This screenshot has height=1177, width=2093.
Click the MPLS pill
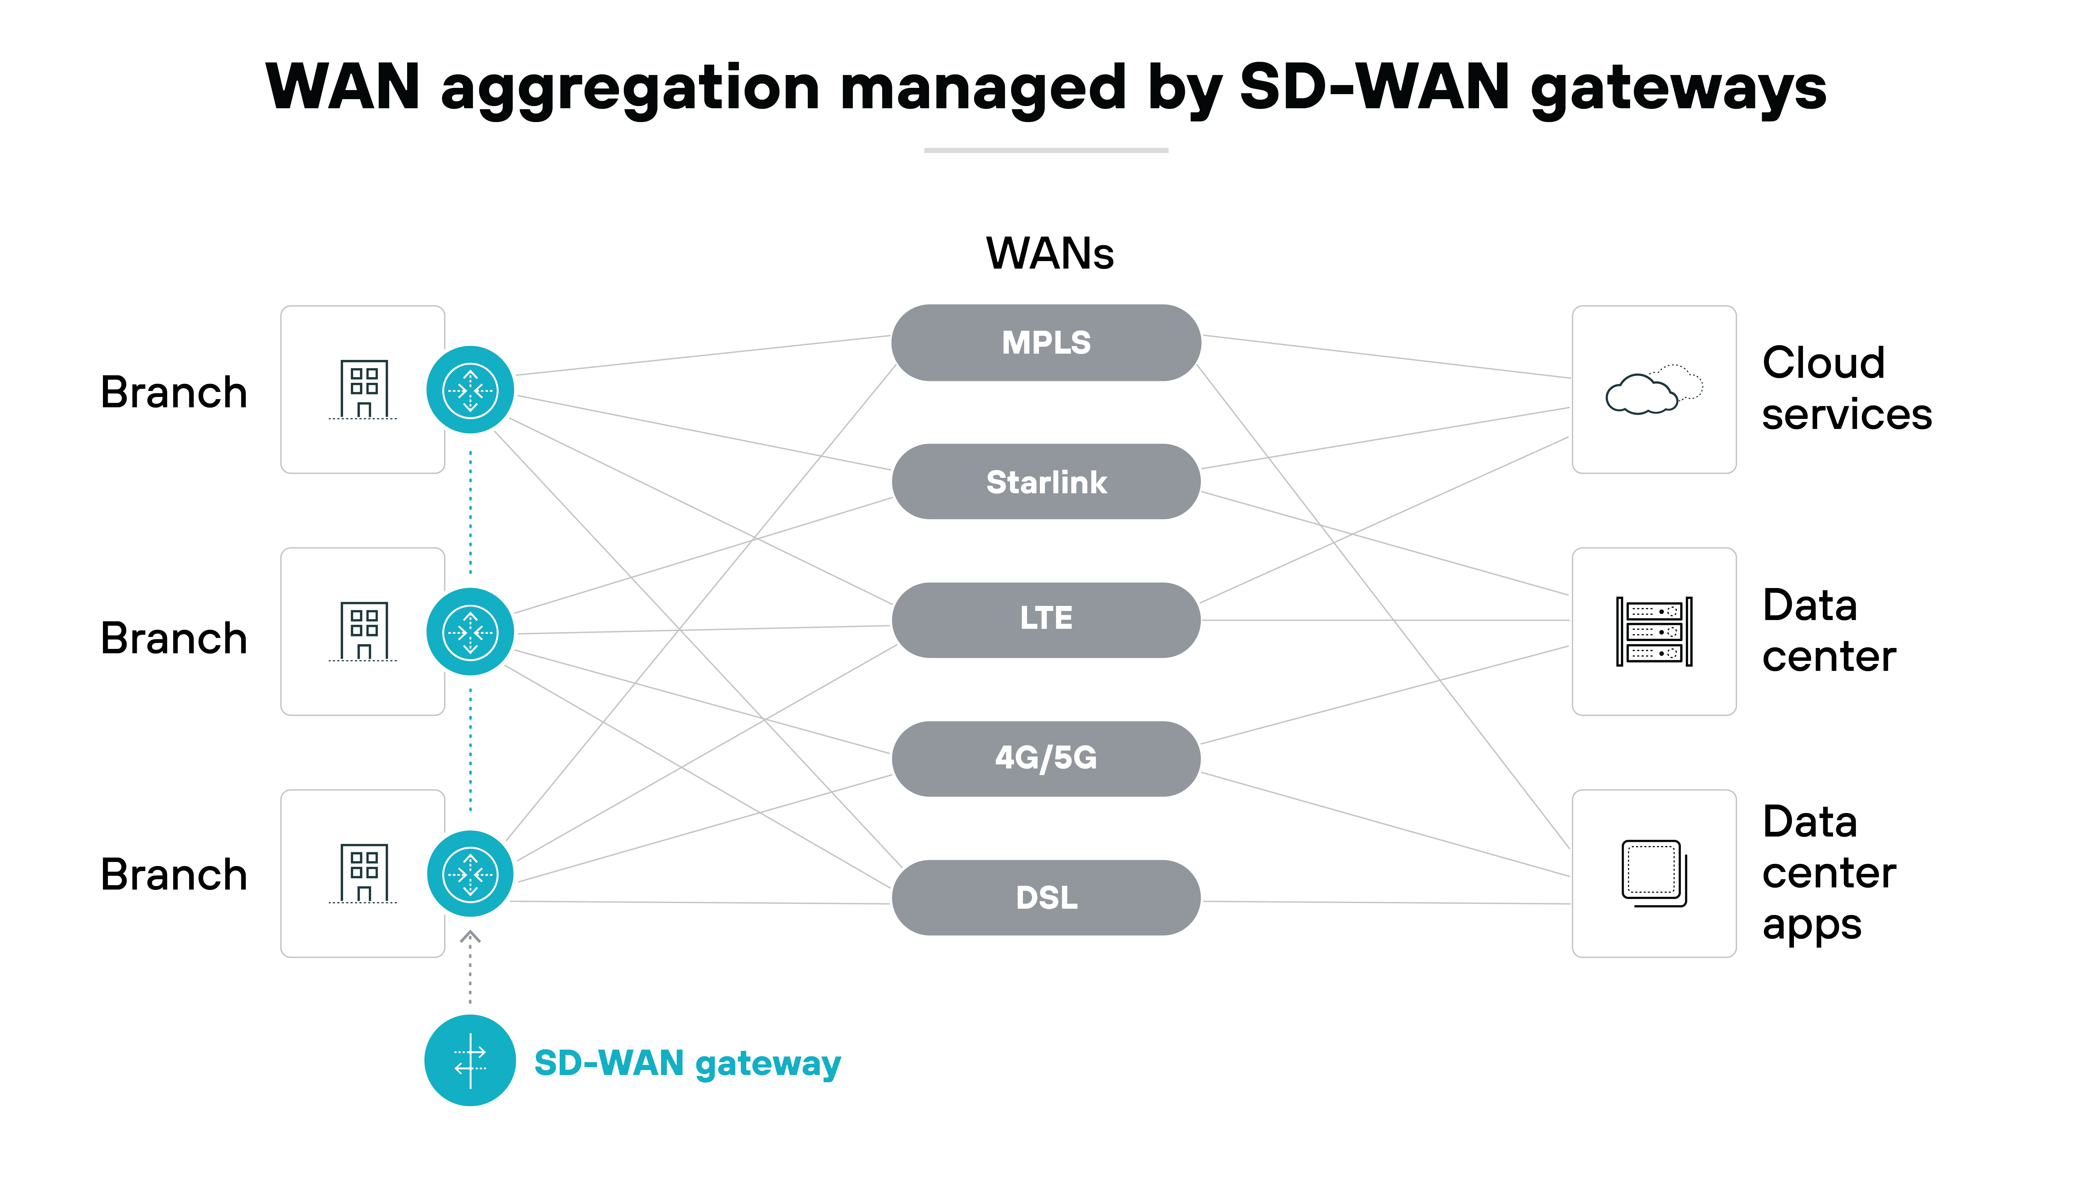[1046, 343]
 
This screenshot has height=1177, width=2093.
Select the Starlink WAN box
[1046, 482]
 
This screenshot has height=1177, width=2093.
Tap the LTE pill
[1046, 619]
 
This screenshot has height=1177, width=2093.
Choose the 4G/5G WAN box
[1046, 758]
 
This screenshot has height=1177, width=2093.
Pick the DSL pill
[1046, 897]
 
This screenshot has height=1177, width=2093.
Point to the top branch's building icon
[363, 389]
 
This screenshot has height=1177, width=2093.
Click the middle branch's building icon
[363, 631]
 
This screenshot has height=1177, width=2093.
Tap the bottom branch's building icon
[363, 873]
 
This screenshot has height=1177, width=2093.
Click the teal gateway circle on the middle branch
[470, 632]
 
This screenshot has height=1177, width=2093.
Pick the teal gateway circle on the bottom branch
[470, 874]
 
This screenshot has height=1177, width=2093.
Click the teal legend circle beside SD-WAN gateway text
[470, 1060]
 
